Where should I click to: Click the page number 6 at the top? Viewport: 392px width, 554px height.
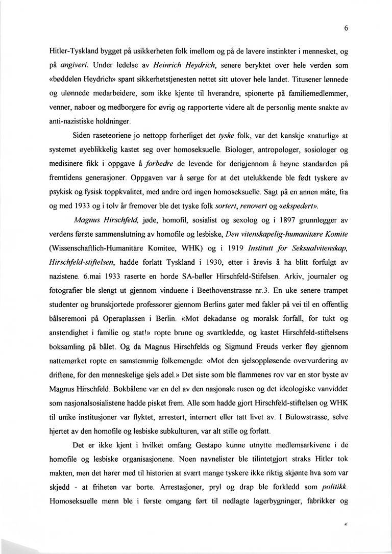tap(346, 29)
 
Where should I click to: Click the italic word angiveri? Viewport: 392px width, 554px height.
tap(74, 65)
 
